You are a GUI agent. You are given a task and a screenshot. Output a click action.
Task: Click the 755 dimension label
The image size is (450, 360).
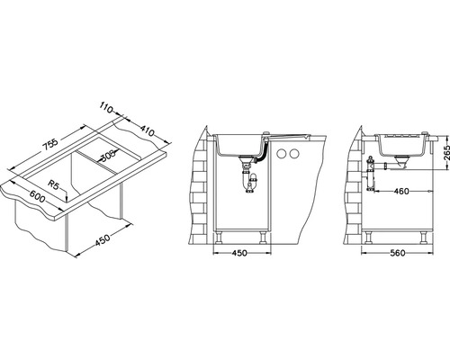[x=49, y=146]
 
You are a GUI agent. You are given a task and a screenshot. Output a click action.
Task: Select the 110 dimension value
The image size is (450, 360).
[x=106, y=107]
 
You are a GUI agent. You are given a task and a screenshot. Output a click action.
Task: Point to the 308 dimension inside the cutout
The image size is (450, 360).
[x=107, y=156]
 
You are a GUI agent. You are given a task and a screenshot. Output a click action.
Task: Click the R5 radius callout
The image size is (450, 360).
[x=54, y=184]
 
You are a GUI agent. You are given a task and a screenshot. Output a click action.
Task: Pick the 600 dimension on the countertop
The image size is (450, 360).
[x=37, y=196]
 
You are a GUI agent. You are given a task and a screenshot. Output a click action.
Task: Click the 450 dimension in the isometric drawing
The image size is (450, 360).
[x=103, y=239]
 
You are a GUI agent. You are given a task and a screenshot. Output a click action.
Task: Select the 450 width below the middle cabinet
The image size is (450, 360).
[x=239, y=253]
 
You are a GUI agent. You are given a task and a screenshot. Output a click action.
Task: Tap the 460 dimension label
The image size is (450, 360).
[x=400, y=191]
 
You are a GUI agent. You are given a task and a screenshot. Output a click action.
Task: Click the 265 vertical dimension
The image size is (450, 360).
[x=446, y=153]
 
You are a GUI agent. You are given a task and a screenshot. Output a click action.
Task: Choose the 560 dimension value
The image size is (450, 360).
[x=397, y=253]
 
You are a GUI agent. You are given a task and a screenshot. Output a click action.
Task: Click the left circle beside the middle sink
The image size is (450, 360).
[x=282, y=154]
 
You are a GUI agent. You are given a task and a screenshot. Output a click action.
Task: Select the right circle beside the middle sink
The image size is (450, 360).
[x=294, y=154]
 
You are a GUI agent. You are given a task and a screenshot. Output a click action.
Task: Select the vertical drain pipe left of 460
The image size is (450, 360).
[x=371, y=174]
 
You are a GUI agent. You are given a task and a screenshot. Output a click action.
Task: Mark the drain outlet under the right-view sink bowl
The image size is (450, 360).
[x=400, y=163]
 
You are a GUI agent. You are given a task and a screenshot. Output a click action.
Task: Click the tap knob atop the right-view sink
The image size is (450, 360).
[x=425, y=133]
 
